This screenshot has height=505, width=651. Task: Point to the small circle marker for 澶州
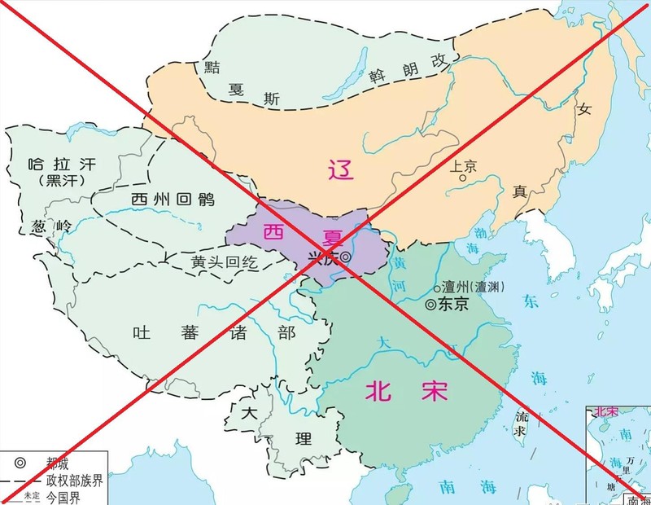pyautogui.click(x=437, y=288)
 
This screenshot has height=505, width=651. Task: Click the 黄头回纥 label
pyautogui.click(x=224, y=262)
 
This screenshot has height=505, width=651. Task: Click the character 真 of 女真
pyautogui.click(x=521, y=192)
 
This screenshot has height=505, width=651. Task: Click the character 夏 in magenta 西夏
pyautogui.click(x=333, y=235)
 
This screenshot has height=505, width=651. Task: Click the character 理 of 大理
pyautogui.click(x=304, y=440)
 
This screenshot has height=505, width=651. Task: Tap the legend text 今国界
pyautogui.click(x=67, y=495)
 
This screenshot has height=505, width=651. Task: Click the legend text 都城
pyautogui.click(x=62, y=465)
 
